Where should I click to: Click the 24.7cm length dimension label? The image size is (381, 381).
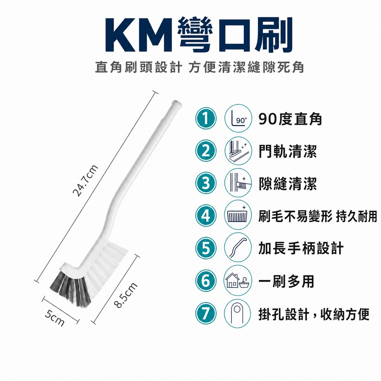click(x=85, y=181)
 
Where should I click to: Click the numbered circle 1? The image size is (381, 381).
click(x=206, y=119)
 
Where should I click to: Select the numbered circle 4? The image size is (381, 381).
click(x=206, y=216)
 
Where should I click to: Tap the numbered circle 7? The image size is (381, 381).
click(x=206, y=314)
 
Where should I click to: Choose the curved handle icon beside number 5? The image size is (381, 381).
click(x=238, y=248)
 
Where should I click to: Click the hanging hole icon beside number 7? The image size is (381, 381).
click(x=237, y=314)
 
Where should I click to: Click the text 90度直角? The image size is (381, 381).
click(x=290, y=119)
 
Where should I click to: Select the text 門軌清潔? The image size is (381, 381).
click(x=288, y=151)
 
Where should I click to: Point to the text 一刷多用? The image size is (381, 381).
click(x=286, y=281)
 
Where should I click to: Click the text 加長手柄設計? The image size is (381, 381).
click(x=301, y=248)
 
